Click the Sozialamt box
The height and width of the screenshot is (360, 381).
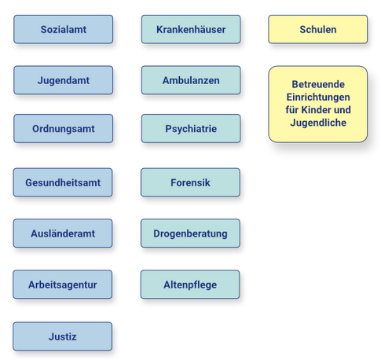[64, 29]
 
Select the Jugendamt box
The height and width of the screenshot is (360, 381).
[64, 80]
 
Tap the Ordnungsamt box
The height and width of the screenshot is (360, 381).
[64, 129]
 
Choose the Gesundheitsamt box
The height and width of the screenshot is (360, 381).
[63, 182]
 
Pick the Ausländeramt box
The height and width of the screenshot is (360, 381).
[63, 233]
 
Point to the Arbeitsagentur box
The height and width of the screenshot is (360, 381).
[63, 285]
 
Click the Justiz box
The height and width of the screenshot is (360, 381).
[63, 336]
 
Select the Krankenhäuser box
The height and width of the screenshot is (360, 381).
[191, 29]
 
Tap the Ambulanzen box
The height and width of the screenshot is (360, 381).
[191, 80]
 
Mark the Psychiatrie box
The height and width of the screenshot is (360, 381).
[191, 129]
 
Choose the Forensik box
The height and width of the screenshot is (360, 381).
[190, 182]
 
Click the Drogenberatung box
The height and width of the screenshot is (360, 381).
[190, 233]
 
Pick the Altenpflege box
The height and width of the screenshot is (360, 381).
[190, 285]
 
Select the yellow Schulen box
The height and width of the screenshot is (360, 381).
[318, 29]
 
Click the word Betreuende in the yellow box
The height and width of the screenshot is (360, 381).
[318, 84]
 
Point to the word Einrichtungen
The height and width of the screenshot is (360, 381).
[318, 97]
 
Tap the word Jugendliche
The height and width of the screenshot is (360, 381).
[318, 123]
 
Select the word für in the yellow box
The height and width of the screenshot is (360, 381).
[292, 110]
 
